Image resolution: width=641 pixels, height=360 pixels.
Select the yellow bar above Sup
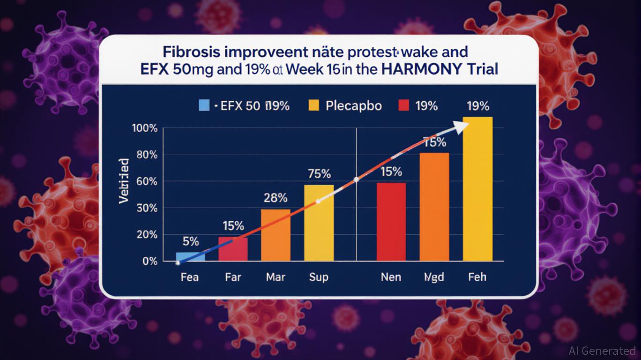point(319,223)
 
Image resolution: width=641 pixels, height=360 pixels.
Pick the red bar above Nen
point(391,221)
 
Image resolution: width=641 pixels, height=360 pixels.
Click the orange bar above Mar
point(276,234)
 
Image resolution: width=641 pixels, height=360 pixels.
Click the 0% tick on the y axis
point(150,261)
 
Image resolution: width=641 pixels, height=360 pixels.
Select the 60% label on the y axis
point(146,181)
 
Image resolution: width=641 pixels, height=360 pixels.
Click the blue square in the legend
point(204,105)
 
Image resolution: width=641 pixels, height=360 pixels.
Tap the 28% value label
point(276,198)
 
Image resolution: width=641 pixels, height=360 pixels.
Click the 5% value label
point(191,242)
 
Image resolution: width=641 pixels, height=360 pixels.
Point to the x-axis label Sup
point(319,277)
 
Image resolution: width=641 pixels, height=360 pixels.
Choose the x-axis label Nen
point(391,277)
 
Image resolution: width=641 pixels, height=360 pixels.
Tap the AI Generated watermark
point(602,351)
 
